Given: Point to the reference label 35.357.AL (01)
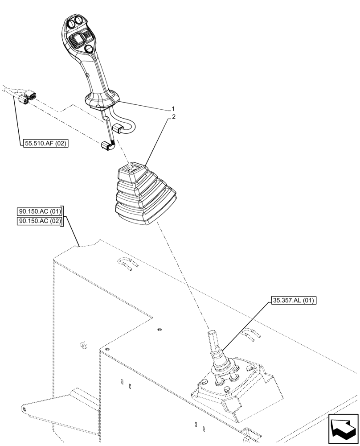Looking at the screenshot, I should [x=293, y=301].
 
